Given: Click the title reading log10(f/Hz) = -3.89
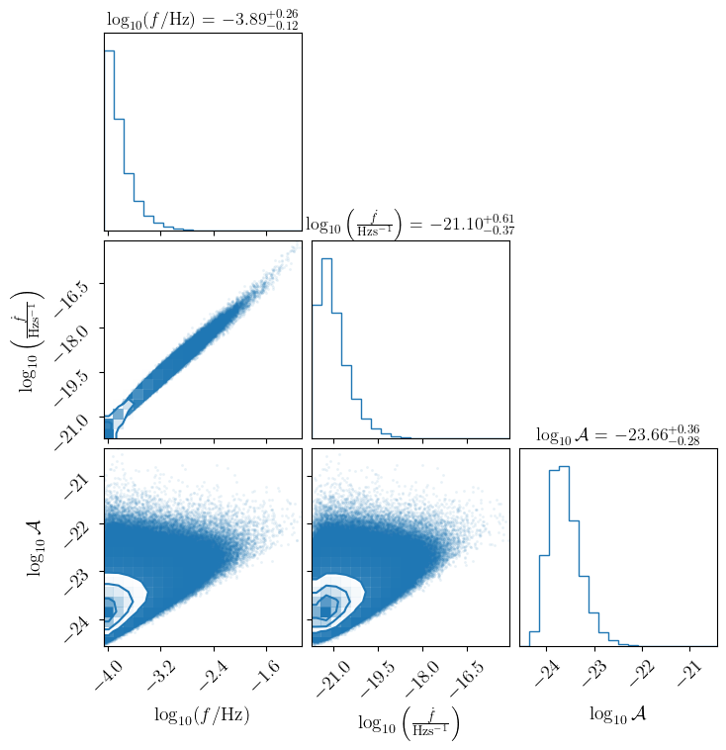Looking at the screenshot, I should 202,18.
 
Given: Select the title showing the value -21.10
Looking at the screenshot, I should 409,225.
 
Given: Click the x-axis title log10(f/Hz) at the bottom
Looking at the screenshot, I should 202,714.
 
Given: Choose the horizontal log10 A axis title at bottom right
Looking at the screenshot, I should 617,713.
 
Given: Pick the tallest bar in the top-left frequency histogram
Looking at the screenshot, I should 109,139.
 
